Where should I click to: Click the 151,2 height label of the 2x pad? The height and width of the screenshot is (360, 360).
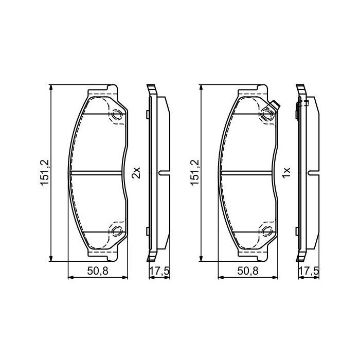45,173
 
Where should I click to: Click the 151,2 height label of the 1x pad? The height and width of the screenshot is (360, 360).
195,173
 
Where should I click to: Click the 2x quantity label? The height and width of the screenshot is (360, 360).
136,173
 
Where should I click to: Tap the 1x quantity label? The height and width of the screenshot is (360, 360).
286,173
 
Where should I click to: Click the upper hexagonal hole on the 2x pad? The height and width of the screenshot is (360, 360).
117,116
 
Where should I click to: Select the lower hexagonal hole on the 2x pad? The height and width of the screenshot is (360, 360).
117,230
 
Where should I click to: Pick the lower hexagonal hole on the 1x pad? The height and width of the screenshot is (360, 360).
267,230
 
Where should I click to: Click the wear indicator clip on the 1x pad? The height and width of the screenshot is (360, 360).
274,107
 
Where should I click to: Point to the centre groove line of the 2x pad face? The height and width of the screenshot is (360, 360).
98,173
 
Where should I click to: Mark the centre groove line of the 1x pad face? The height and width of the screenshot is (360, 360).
248,173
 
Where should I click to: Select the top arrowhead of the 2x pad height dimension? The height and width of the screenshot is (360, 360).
50,87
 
